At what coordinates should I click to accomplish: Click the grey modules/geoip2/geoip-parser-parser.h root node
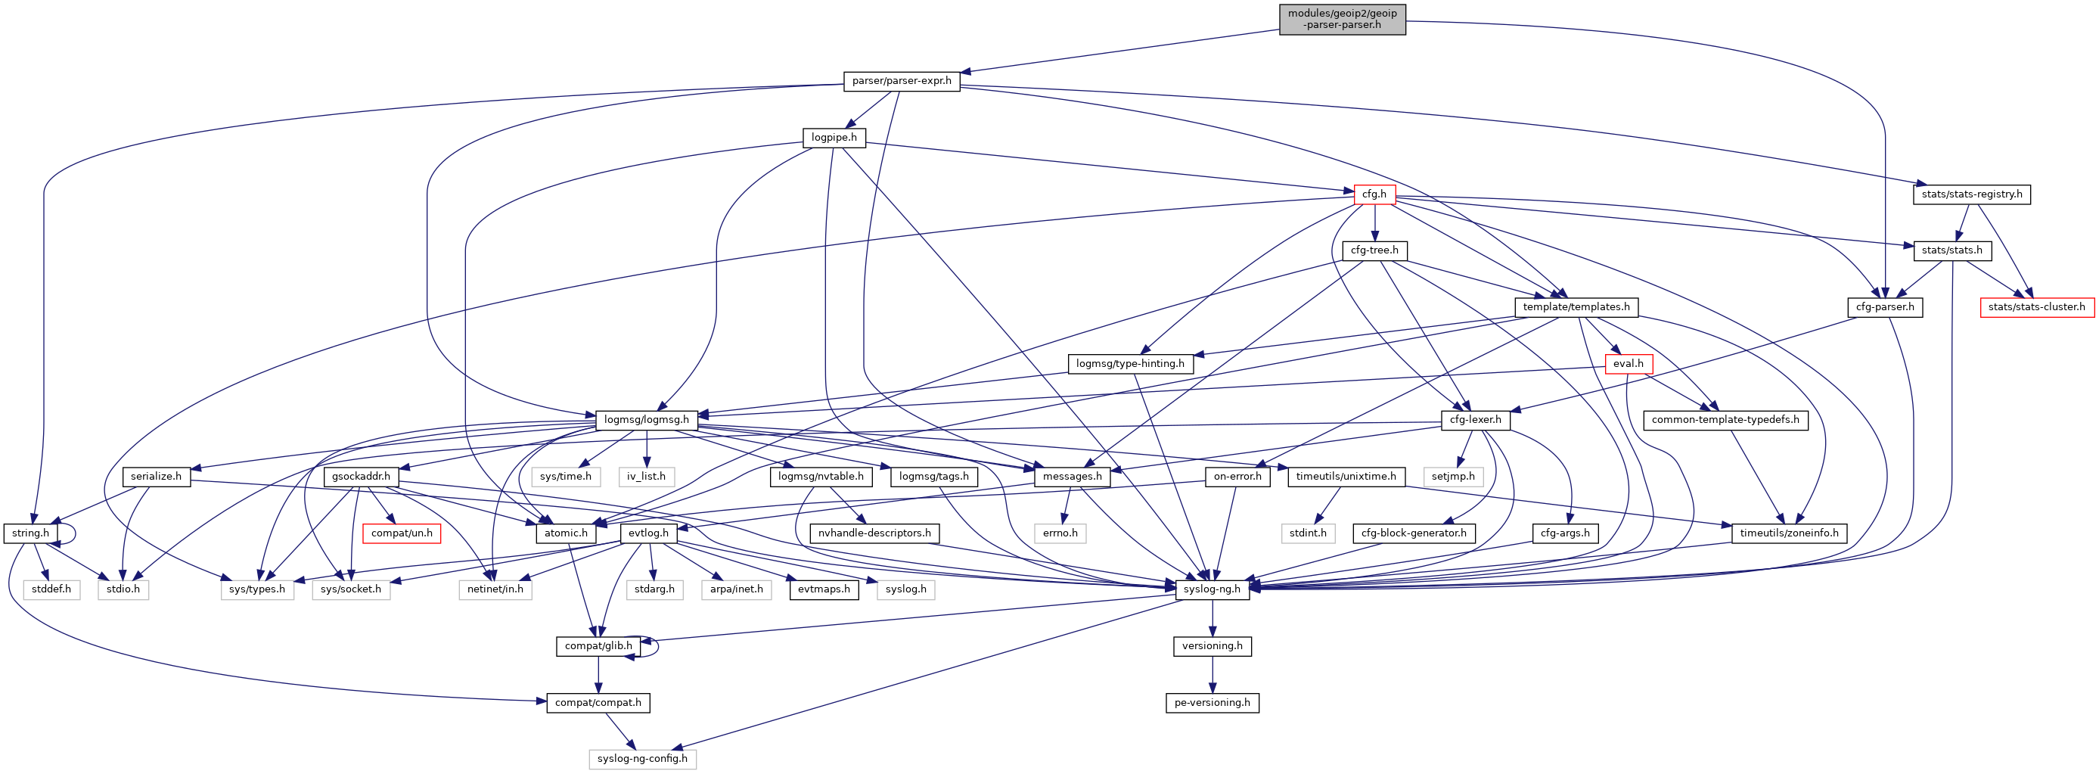1341,19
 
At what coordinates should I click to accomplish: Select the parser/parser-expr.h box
901,81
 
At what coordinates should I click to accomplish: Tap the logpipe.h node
834,138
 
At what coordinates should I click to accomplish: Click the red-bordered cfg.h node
1374,194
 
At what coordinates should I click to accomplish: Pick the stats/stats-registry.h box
1971,194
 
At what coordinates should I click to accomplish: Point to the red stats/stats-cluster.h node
2036,307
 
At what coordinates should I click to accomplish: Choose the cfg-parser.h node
1885,307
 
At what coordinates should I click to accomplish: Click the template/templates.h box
1576,307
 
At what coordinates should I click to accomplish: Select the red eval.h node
1627,363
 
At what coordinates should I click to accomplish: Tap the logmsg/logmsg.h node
646,421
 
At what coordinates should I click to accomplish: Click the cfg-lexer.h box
1476,421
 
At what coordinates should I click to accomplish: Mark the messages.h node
1072,477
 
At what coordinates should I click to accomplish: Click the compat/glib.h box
598,646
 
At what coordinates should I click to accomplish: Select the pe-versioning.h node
1212,702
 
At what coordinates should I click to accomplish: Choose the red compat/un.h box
402,533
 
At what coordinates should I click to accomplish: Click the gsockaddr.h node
361,477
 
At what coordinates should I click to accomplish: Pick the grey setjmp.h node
1453,477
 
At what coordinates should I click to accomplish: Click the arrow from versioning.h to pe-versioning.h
1213,674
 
